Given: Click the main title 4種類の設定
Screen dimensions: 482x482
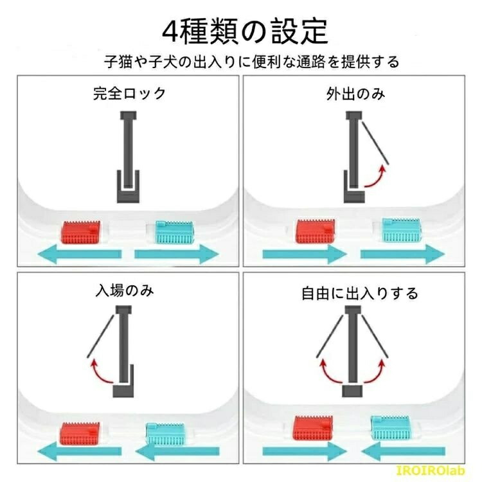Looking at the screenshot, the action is tap(245, 31).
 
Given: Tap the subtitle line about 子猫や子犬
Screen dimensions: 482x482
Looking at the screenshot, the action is tap(252, 62).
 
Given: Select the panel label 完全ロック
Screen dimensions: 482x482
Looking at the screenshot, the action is tap(129, 93).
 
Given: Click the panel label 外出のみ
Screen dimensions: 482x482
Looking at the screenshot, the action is tap(355, 94).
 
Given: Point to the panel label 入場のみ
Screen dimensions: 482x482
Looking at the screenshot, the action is tap(125, 290).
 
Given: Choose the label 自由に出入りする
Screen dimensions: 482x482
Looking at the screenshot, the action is tap(360, 293).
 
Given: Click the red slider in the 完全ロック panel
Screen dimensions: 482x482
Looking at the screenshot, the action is tap(80, 232).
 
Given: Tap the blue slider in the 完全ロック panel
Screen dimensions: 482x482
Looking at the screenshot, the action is tap(175, 232).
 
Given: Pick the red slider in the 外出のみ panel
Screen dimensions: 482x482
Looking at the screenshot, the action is tap(316, 231).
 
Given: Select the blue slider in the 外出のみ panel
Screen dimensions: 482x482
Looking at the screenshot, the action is tap(401, 230).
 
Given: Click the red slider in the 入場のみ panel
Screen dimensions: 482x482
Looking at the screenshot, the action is tap(80, 434).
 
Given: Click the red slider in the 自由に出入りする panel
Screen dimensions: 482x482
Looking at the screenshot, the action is tap(313, 427).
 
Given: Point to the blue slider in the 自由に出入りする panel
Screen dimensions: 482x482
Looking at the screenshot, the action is tap(390, 427).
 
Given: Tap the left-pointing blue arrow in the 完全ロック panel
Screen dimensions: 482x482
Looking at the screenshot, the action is tap(80, 254).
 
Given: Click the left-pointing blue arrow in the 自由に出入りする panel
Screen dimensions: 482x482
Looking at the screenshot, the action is tap(403, 451).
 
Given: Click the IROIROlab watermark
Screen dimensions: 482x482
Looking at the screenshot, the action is tap(431, 470).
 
